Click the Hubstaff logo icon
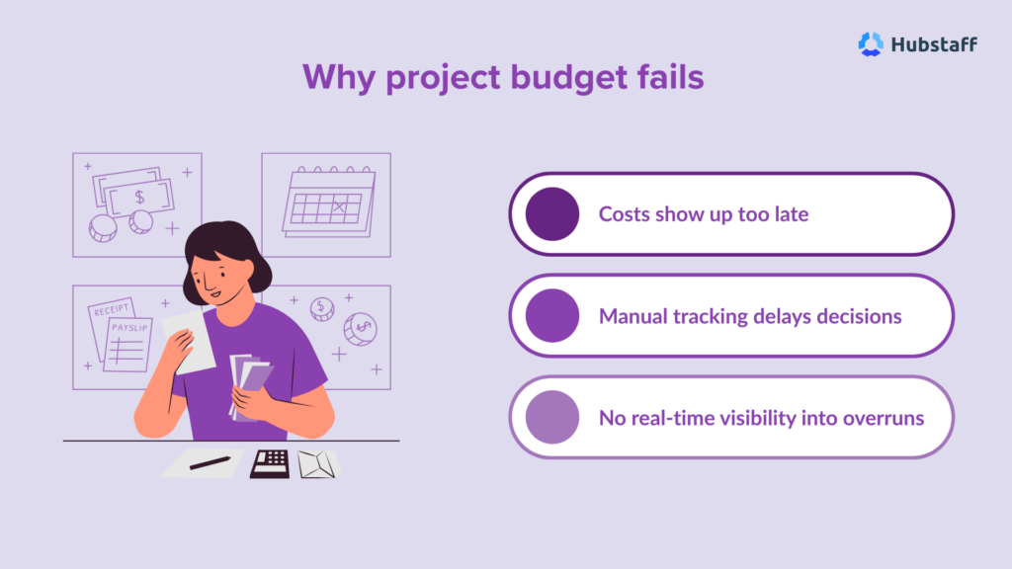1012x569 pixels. pos(871,44)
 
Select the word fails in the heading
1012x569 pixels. pos(667,77)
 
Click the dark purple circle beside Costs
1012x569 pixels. pos(552,213)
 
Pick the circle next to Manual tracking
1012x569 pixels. pos(552,315)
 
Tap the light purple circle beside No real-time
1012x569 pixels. pos(552,417)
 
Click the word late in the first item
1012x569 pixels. pos(788,213)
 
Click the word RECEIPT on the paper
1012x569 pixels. pos(110,310)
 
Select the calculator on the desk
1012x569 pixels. pos(270,463)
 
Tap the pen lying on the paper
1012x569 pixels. pos(210,461)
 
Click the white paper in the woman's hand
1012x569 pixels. pos(193,342)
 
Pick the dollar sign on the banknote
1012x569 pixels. pos(140,198)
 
